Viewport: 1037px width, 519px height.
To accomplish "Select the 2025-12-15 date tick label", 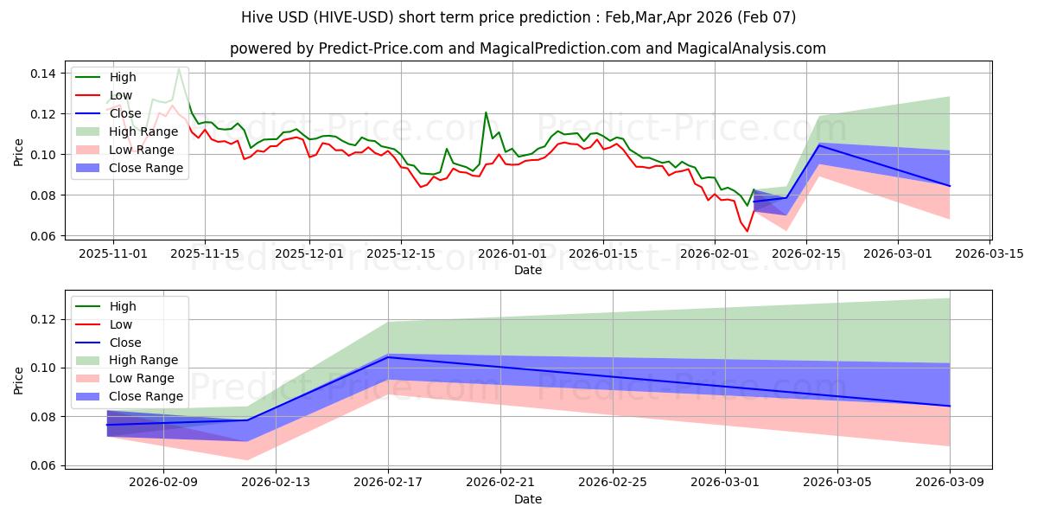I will click(402, 253).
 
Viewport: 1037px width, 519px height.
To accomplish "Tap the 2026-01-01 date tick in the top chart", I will click(512, 253).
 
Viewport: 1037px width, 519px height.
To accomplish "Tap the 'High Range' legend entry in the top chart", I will click(143, 131).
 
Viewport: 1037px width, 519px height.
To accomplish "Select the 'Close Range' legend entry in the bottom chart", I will click(146, 396).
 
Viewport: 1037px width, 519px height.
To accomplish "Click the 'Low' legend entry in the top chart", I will click(122, 95).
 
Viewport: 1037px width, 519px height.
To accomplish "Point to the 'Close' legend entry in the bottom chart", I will click(125, 343).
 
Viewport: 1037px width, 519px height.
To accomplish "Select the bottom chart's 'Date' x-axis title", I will click(528, 499).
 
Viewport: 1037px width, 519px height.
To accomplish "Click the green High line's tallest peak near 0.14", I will click(179, 68).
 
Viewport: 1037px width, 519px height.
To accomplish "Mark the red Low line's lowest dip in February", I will click(748, 231).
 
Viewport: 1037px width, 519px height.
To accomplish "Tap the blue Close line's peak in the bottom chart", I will click(388, 357).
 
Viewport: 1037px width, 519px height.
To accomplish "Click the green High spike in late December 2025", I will click(486, 112).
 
